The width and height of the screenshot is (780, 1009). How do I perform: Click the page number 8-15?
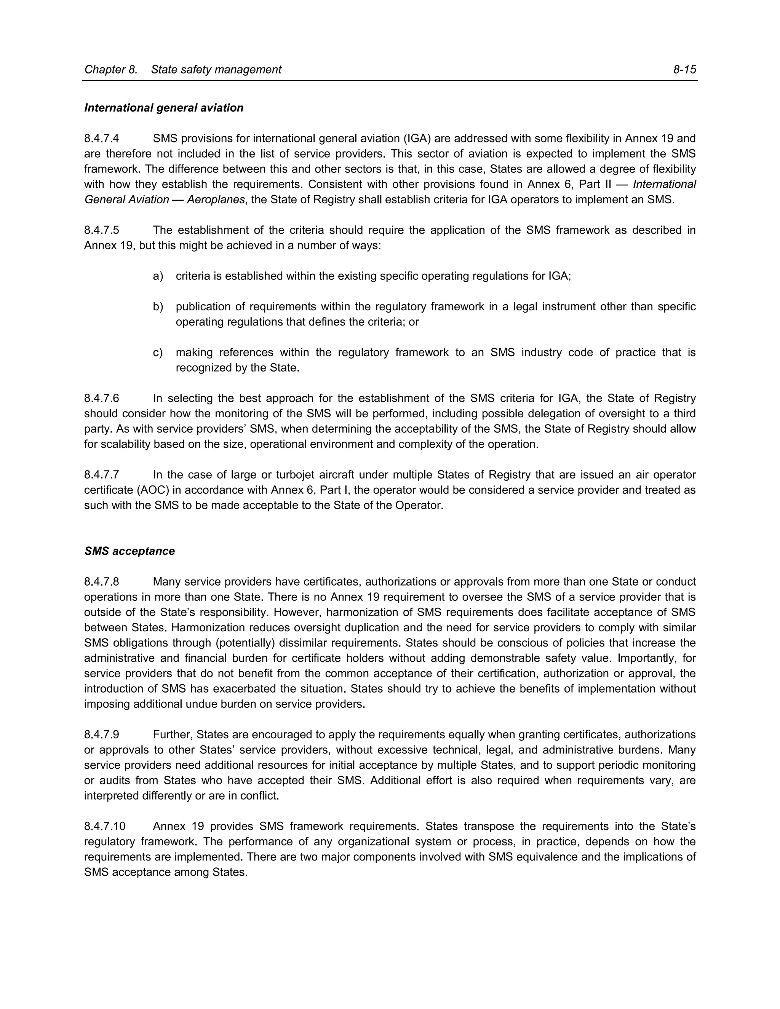pyautogui.click(x=684, y=70)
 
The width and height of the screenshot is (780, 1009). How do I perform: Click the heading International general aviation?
pyautogui.click(x=163, y=108)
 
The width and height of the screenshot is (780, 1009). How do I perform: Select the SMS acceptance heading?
pyautogui.click(x=129, y=551)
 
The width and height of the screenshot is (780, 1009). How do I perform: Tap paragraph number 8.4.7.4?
pyautogui.click(x=102, y=139)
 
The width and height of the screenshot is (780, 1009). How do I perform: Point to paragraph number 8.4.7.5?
pyautogui.click(x=102, y=230)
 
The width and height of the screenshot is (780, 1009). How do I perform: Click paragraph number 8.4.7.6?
pyautogui.click(x=102, y=398)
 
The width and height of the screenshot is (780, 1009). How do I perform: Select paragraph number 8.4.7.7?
pyautogui.click(x=102, y=475)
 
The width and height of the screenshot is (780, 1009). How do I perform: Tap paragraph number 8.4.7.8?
pyautogui.click(x=102, y=582)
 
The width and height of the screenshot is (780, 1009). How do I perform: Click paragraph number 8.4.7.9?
pyautogui.click(x=102, y=734)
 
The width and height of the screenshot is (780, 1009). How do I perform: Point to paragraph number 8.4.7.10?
pyautogui.click(x=104, y=826)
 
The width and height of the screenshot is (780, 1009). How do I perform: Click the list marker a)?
pyautogui.click(x=158, y=276)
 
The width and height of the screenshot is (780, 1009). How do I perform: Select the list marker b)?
pyautogui.click(x=158, y=307)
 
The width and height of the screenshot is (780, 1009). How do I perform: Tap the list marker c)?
pyautogui.click(x=158, y=353)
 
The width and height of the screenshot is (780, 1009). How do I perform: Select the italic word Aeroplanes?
pyautogui.click(x=215, y=200)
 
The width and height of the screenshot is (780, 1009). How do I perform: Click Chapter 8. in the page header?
pyautogui.click(x=111, y=70)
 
